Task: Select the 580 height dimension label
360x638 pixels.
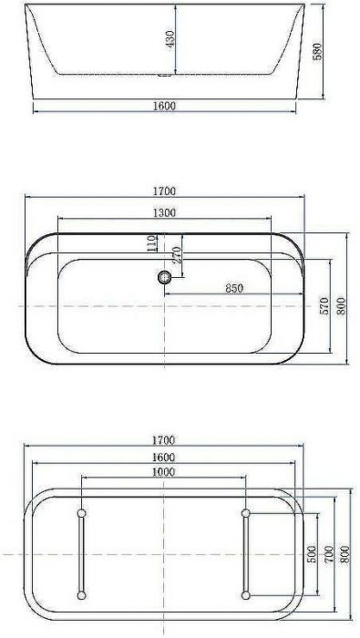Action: pyautogui.click(x=317, y=52)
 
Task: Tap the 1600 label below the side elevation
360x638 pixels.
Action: pyautogui.click(x=165, y=106)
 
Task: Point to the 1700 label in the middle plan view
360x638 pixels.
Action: pyautogui.click(x=165, y=191)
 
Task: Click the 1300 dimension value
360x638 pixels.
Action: pyautogui.click(x=165, y=212)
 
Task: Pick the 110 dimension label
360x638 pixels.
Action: pyautogui.click(x=152, y=242)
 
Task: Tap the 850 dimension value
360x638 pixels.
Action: pyautogui.click(x=234, y=289)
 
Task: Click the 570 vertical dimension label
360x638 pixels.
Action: pyautogui.click(x=324, y=305)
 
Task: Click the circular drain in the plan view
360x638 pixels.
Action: pyautogui.click(x=165, y=277)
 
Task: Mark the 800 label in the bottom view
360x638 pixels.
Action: pyautogui.click(x=345, y=554)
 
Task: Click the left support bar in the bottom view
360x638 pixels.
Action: pyautogui.click(x=82, y=554)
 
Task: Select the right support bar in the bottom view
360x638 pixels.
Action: pyautogui.click(x=246, y=554)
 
